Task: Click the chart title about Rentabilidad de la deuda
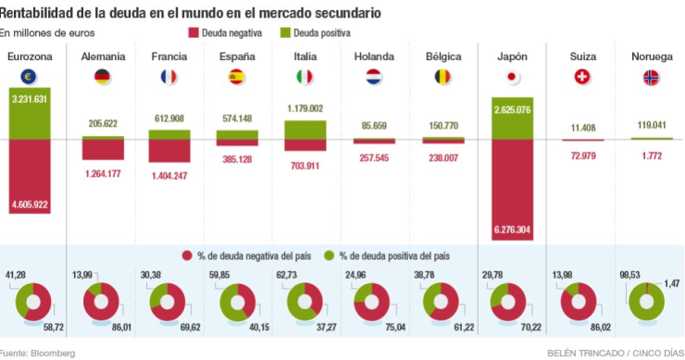pos(189,13)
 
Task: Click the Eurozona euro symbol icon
pos(29,78)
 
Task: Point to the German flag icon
pos(103,78)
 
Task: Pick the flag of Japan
pos(512,78)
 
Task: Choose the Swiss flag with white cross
pos(583,78)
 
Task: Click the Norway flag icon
pos(652,78)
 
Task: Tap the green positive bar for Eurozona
pos(29,113)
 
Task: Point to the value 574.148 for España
pos(238,118)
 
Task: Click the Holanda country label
pos(374,57)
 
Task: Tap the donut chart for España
pos(238,301)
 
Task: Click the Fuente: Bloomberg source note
pos(38,353)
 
